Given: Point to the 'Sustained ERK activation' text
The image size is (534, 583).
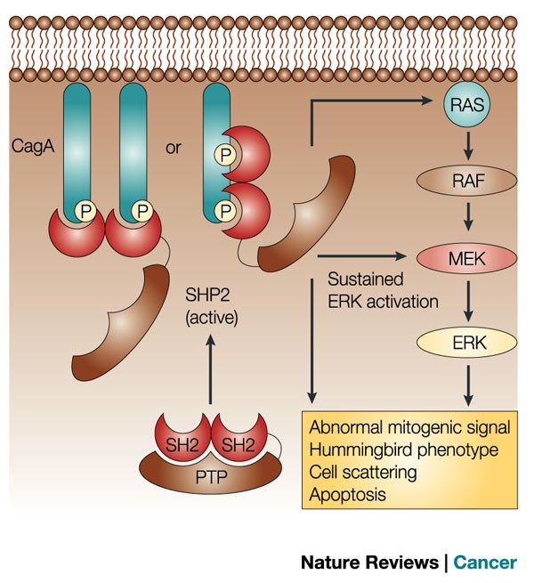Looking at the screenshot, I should click(383, 290).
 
